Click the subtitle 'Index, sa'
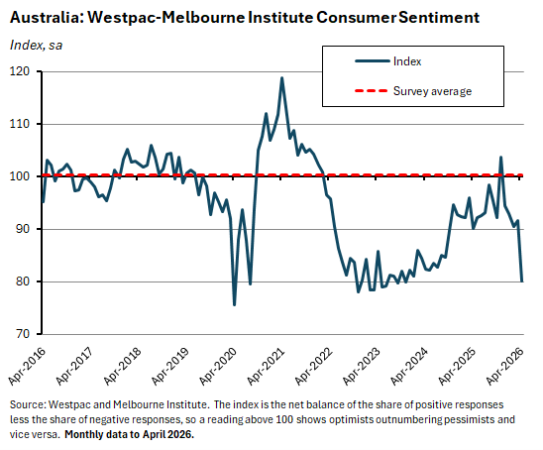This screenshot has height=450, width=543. coord(36,44)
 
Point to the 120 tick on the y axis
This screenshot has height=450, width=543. coord(20,71)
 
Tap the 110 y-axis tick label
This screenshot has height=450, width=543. coord(20,124)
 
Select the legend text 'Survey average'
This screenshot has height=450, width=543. coord(432,91)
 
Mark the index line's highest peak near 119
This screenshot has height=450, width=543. coord(282,78)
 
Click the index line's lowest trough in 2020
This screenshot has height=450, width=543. coord(235,304)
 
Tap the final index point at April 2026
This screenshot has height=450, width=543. coord(522,281)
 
